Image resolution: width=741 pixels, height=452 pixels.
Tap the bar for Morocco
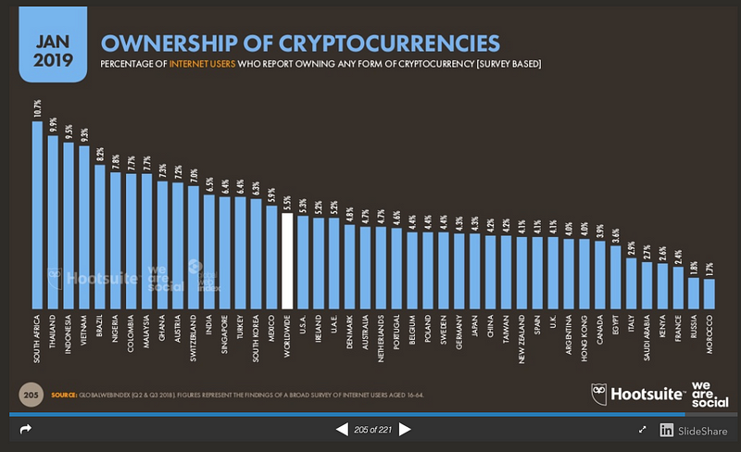click(710, 293)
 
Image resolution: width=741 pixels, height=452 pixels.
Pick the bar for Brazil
click(101, 236)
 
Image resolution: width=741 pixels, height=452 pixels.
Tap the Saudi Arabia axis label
click(647, 339)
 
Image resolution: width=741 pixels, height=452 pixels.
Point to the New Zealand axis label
click(522, 338)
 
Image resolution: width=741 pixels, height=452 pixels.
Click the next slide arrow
click(404, 431)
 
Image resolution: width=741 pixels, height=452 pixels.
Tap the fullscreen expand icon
click(644, 430)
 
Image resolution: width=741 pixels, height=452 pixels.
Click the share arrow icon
click(25, 430)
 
